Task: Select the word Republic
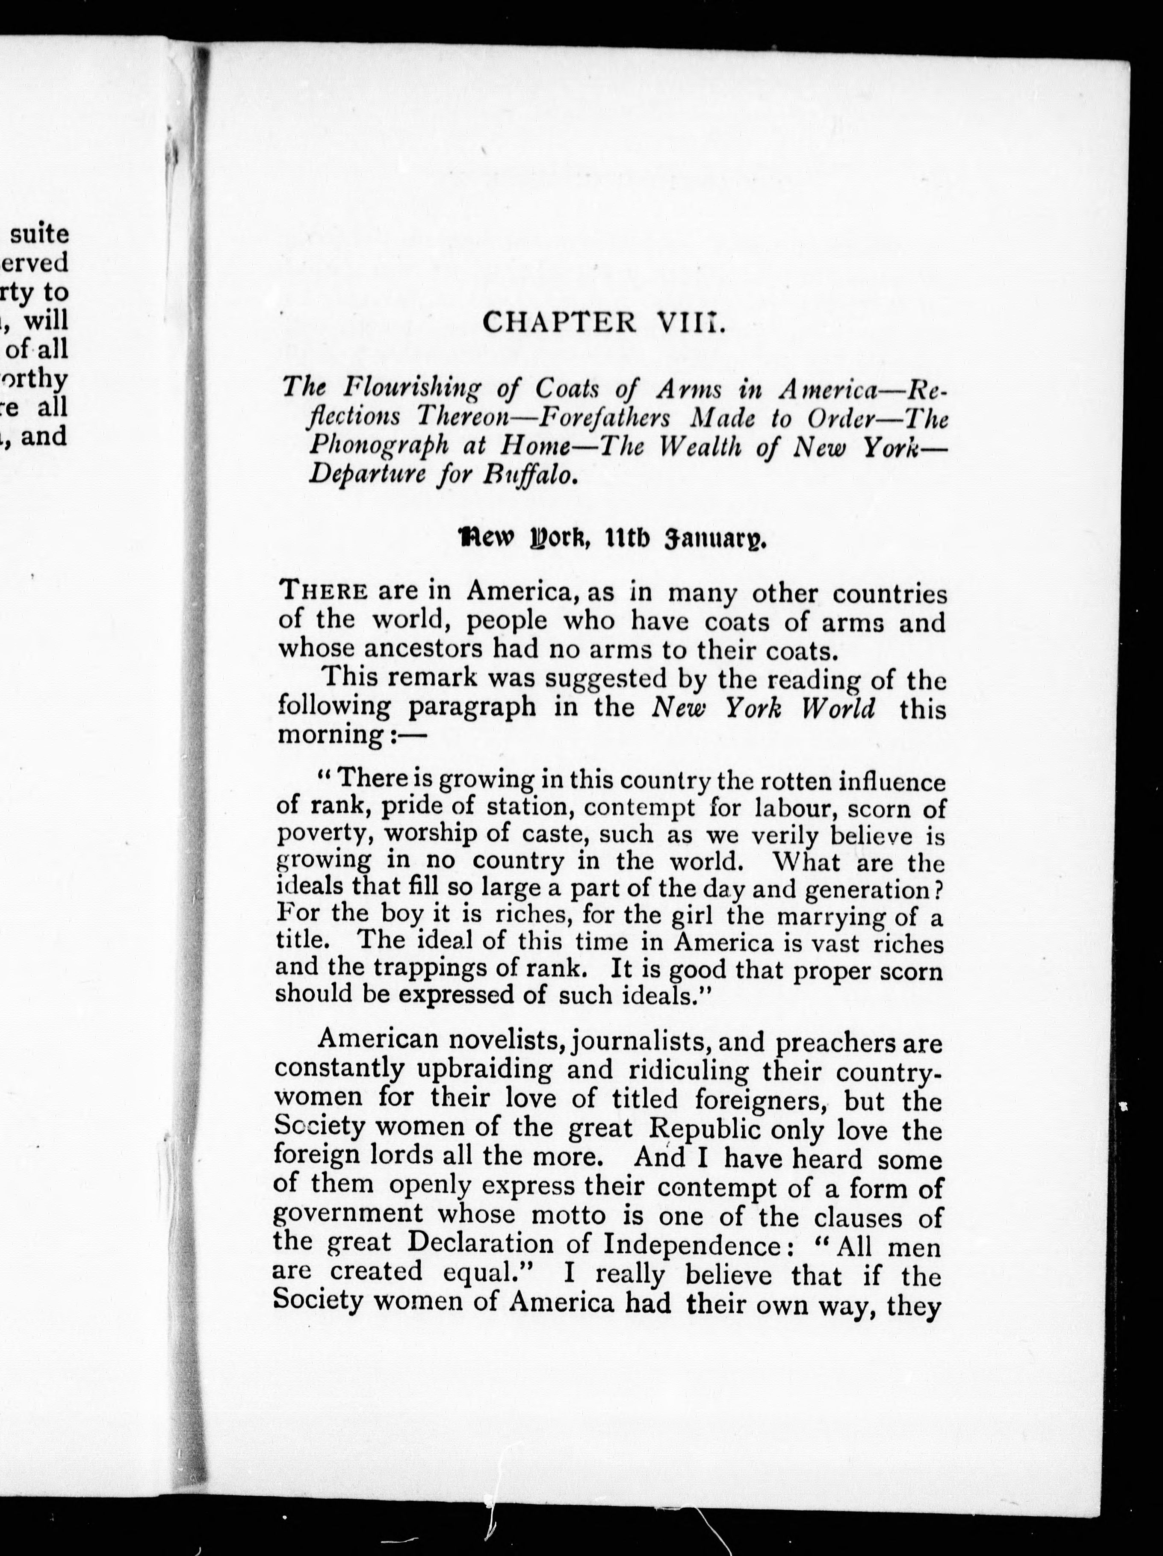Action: click(x=703, y=1128)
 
